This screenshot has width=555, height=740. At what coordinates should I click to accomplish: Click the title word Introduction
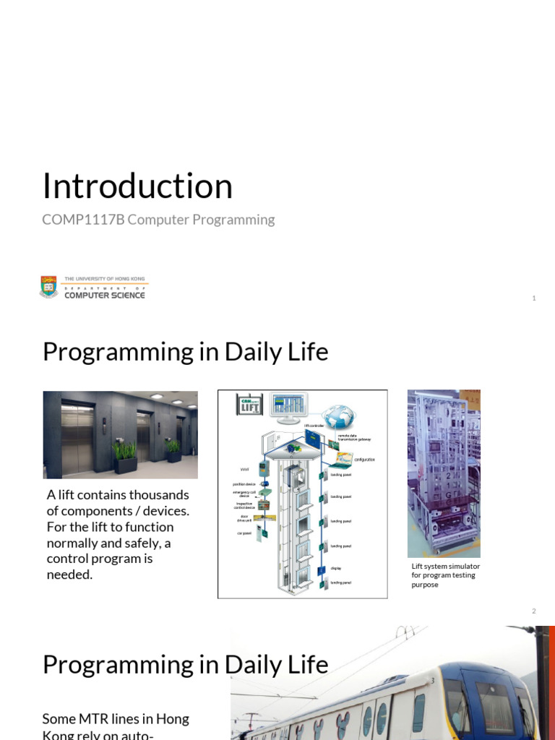coord(137,186)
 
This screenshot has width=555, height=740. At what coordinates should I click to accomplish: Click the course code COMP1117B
coord(84,220)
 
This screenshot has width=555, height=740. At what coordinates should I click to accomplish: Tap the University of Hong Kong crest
coord(48,287)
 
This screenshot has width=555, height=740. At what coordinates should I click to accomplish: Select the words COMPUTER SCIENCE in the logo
coord(104,295)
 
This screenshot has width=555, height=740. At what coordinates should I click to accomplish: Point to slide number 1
coord(533,298)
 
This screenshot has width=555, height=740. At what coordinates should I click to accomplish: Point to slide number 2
coord(533,611)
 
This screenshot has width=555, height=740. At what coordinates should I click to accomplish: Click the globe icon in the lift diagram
coord(338,417)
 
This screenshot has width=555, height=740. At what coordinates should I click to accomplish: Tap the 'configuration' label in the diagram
coord(363,460)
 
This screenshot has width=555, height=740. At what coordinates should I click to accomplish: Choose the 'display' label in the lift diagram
coord(336,568)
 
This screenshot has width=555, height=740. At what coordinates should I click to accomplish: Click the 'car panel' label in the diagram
coord(245,533)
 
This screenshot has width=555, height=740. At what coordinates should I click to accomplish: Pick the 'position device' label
coord(244,484)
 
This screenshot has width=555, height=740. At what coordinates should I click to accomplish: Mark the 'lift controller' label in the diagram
coord(312,427)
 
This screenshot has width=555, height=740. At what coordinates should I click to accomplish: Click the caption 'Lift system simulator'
coord(445,567)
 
